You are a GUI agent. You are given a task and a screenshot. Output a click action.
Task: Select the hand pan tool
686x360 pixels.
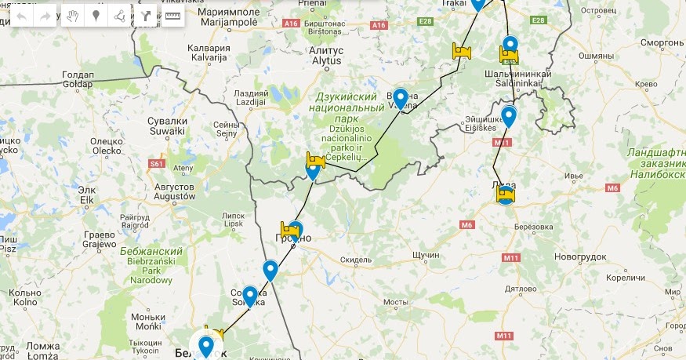[72, 16]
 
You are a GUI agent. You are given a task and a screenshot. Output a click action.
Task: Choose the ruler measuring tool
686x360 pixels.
[172, 16]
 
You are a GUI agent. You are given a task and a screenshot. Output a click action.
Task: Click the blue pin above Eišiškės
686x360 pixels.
[509, 117]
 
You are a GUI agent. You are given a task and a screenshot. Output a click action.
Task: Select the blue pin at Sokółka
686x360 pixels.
[250, 296]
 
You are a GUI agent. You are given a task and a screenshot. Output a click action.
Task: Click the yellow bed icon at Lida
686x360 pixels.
[506, 194]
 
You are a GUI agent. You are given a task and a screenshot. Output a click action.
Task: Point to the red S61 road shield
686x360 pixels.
[157, 164]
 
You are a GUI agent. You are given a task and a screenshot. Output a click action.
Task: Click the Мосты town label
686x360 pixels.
[396, 301]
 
